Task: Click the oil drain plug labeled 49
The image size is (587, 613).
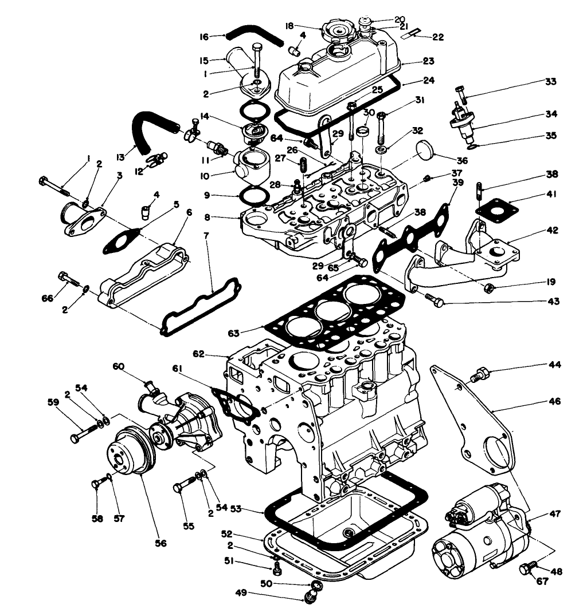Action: coord(312,597)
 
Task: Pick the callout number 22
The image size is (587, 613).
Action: coord(438,37)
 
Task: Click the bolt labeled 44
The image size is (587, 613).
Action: coord(478,375)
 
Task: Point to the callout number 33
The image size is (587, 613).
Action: coord(551,82)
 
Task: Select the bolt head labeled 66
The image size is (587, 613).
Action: coord(62,276)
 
